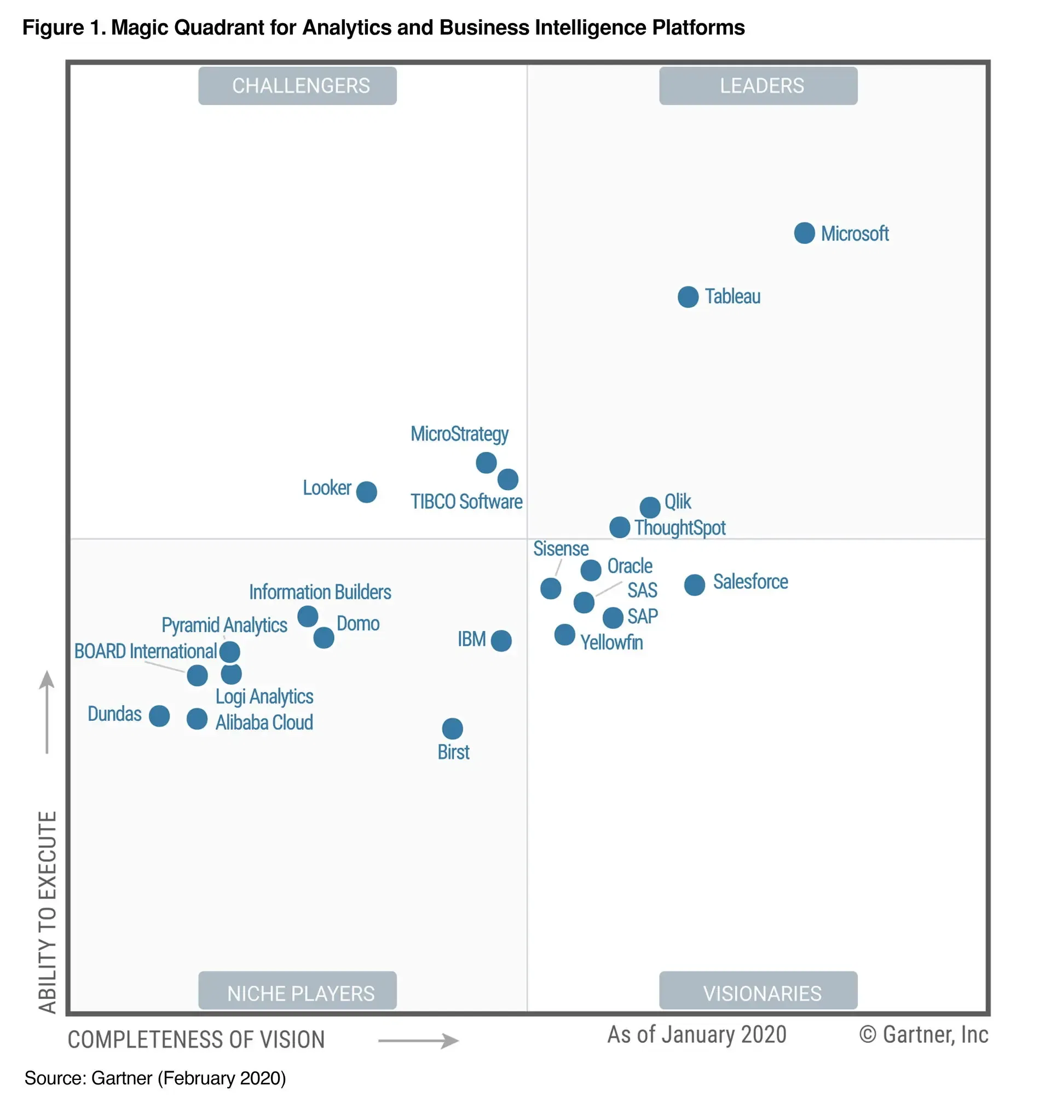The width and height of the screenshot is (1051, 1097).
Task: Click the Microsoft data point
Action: [x=804, y=233]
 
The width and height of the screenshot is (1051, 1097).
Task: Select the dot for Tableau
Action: [x=688, y=297]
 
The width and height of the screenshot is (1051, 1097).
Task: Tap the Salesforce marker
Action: [x=694, y=585]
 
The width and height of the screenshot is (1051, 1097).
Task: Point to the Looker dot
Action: [x=366, y=492]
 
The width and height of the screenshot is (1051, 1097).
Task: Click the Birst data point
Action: [x=452, y=728]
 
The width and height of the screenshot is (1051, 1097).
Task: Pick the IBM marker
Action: [x=501, y=641]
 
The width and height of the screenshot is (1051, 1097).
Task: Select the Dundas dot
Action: [x=159, y=716]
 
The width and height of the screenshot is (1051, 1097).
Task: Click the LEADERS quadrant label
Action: [x=758, y=85]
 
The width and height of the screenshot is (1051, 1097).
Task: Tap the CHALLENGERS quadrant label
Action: [x=297, y=85]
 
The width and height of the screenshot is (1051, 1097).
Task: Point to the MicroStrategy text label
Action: [x=459, y=434]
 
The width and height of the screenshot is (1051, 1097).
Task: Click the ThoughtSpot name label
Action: [x=680, y=528]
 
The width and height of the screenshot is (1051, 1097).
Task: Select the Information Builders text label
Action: [x=320, y=591]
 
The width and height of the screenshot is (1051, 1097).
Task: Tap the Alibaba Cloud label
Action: [x=264, y=722]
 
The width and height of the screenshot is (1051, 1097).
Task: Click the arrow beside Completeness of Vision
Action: [x=418, y=1041]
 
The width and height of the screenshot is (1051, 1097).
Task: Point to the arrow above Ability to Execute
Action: [x=47, y=711]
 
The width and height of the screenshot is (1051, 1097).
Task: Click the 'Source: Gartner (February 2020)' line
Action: [x=155, y=1078]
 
